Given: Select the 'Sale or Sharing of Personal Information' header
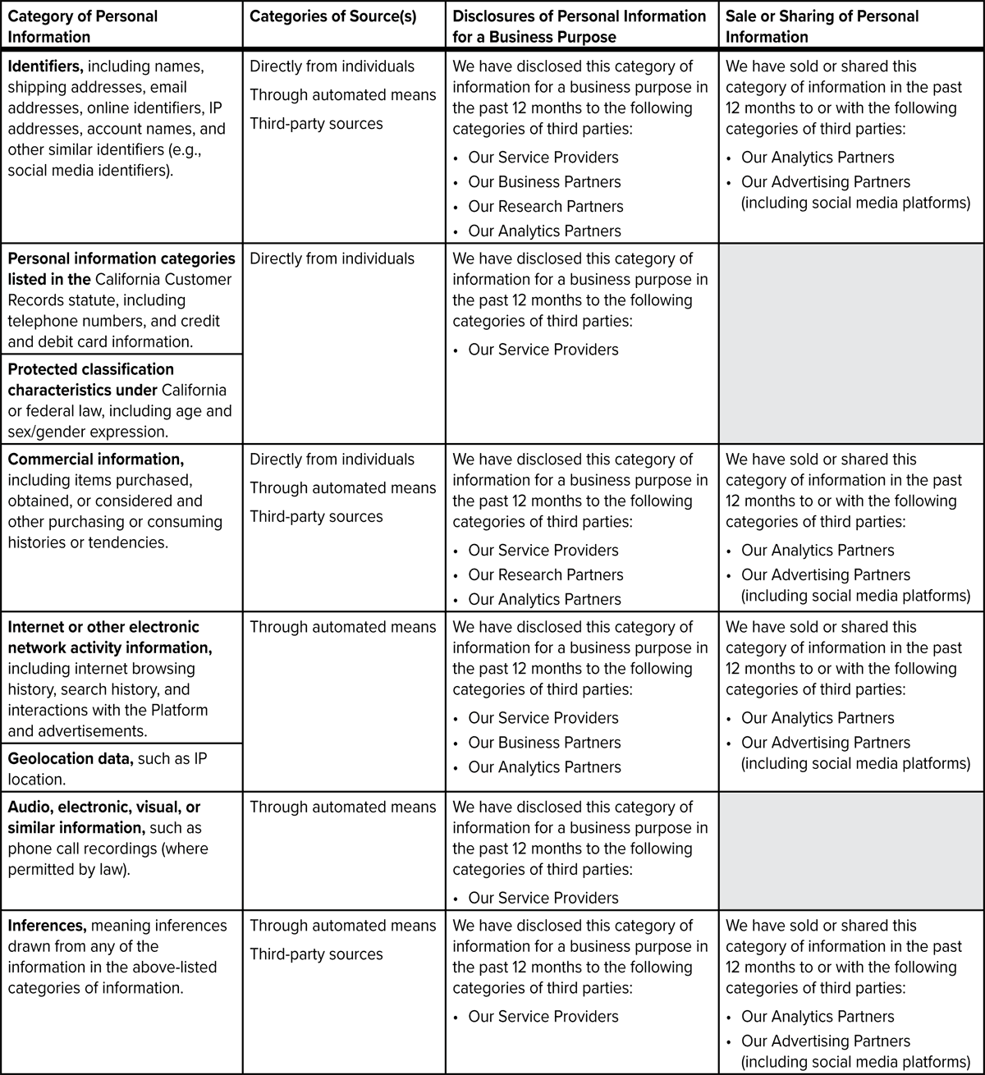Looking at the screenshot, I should tap(822, 26).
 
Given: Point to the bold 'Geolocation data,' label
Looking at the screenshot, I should tap(71, 758).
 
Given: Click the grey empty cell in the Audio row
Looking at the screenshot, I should tap(851, 850).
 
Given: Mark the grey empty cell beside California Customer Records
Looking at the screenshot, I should tap(851, 343).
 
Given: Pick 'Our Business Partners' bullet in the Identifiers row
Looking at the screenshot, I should tap(544, 182).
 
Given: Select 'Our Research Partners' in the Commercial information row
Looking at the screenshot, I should tap(546, 575).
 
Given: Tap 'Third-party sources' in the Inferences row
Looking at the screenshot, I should tap(316, 954).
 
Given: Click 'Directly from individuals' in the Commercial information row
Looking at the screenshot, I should tap(332, 460).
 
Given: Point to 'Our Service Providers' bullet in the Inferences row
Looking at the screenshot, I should tap(543, 1017).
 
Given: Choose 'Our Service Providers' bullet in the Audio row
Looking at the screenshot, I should tap(543, 898).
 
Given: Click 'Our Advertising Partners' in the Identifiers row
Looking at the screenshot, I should tap(826, 182).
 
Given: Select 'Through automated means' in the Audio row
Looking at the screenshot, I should tap(342, 807).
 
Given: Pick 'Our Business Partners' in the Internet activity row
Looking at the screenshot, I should tap(544, 743).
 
